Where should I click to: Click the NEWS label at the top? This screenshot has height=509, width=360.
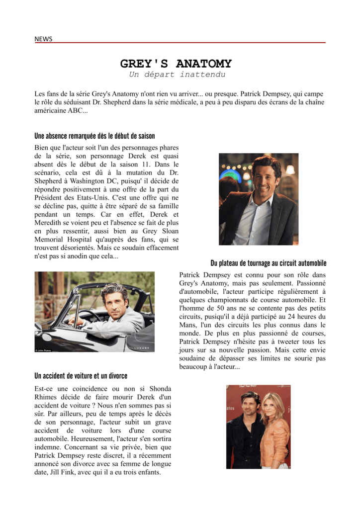(43, 39)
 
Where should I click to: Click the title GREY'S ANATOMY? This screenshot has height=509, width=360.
(176, 64)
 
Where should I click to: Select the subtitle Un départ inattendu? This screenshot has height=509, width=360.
(177, 75)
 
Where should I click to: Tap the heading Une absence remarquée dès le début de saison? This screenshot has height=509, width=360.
(94, 136)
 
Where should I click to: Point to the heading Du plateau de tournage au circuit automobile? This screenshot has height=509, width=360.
(269, 263)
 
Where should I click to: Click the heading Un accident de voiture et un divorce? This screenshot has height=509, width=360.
(81, 376)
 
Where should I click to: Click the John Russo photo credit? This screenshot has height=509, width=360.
(43, 350)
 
